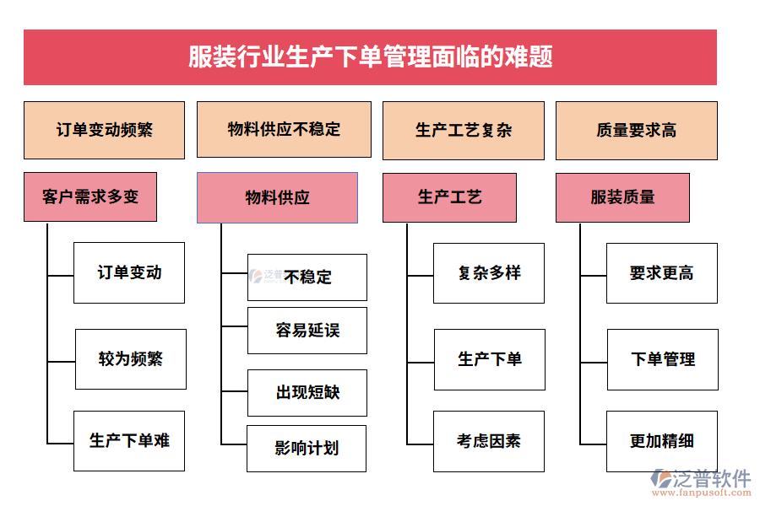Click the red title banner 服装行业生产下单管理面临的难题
click(370, 57)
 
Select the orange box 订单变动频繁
click(104, 131)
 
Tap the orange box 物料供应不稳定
click(284, 130)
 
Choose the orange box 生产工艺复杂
click(464, 131)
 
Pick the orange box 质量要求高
click(636, 131)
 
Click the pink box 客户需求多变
click(90, 197)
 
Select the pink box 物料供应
click(277, 198)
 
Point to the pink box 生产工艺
click(449, 197)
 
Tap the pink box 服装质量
click(622, 197)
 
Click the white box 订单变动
click(129, 273)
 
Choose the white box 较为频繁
click(131, 359)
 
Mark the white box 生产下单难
click(129, 441)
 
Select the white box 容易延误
click(307, 331)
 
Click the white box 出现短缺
click(307, 393)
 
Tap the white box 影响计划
click(307, 449)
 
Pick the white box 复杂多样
click(489, 273)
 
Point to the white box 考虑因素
click(489, 441)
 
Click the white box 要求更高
click(662, 273)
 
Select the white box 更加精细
click(662, 441)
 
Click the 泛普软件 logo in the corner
click(701, 482)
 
